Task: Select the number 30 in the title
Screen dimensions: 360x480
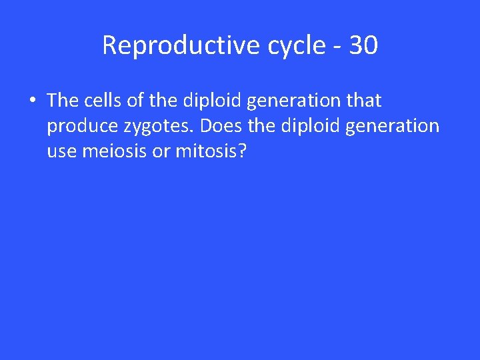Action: pyautogui.click(x=363, y=45)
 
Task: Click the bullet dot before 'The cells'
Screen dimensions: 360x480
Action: pyautogui.click(x=32, y=101)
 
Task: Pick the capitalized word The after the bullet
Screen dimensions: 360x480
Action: pyautogui.click(x=63, y=100)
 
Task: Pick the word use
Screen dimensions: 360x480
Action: pyautogui.click(x=62, y=152)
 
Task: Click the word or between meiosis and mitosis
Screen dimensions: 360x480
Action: pyautogui.click(x=161, y=152)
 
